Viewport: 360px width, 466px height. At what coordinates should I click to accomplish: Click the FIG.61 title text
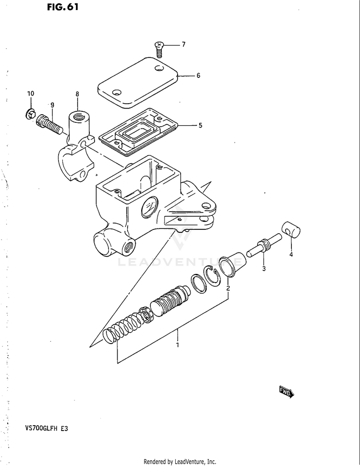pyautogui.click(x=63, y=7)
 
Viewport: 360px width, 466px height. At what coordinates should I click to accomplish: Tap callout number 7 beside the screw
pyautogui.click(x=184, y=44)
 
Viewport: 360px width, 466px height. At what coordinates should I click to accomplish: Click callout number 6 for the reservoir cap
pyautogui.click(x=198, y=75)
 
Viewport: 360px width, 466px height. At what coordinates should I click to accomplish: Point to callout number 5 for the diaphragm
pyautogui.click(x=200, y=125)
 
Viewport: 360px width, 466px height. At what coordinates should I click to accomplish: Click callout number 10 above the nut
pyautogui.click(x=31, y=94)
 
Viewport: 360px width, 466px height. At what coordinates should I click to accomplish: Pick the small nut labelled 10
pyautogui.click(x=30, y=114)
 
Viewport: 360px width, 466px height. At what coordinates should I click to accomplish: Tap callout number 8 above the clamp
pyautogui.click(x=77, y=94)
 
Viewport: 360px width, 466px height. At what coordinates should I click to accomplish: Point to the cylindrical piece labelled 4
pyautogui.click(x=291, y=230)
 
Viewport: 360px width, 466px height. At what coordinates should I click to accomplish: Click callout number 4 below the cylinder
pyautogui.click(x=291, y=254)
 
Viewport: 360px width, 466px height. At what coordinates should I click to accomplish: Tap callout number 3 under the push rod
pyautogui.click(x=264, y=269)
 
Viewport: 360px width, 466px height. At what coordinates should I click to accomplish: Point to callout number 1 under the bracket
pyautogui.click(x=178, y=346)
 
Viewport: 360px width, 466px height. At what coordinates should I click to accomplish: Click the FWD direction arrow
pyautogui.click(x=287, y=392)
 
